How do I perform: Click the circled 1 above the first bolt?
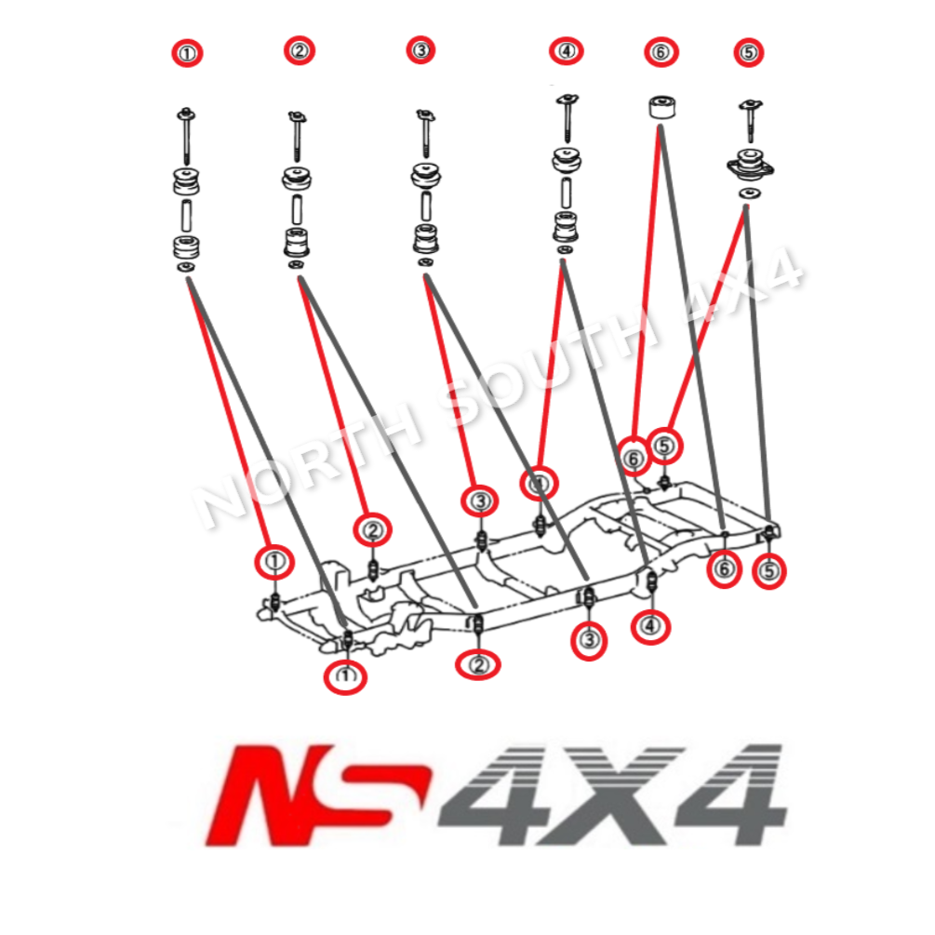pyautogui.click(x=188, y=54)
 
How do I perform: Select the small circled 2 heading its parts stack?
pyautogui.click(x=300, y=51)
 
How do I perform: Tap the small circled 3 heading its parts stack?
pyautogui.click(x=421, y=50)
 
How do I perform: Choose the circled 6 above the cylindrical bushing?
pyautogui.click(x=660, y=52)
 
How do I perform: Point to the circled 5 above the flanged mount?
pyautogui.click(x=748, y=52)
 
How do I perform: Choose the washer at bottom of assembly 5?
pyautogui.click(x=746, y=193)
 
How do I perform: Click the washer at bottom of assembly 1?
pyautogui.click(x=185, y=269)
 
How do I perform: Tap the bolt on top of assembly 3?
pyautogui.click(x=425, y=130)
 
